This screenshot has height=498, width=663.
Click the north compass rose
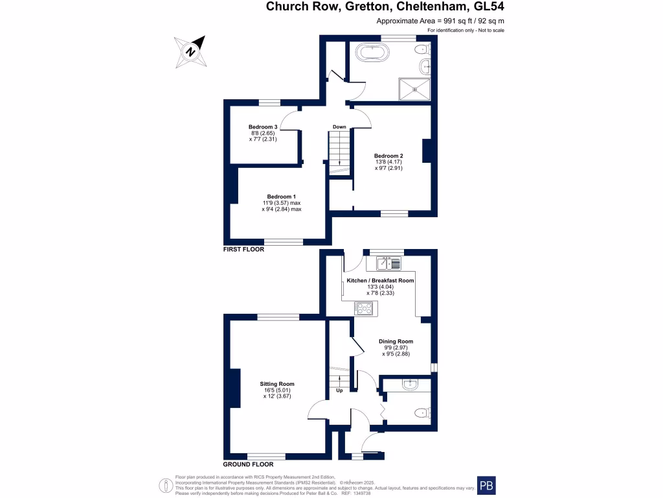(190, 51)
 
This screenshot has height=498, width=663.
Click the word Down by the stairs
(339, 126)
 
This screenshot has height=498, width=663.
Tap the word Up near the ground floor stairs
(339, 390)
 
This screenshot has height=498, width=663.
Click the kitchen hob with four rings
(364, 309)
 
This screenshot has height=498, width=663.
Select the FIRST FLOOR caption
(243, 249)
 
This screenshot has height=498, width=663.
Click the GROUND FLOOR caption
(248, 464)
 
